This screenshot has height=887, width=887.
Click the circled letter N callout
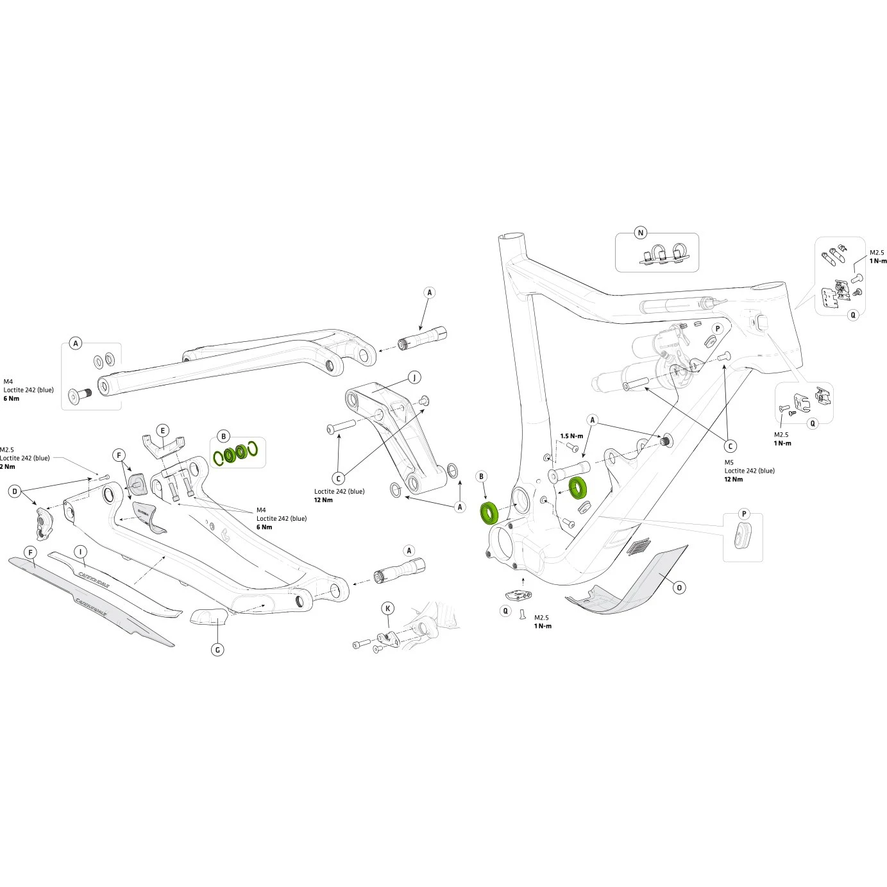pyautogui.click(x=641, y=233)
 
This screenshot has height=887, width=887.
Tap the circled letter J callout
pyautogui.click(x=414, y=376)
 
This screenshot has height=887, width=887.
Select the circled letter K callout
pyautogui.click(x=387, y=607)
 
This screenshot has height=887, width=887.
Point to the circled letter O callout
pyautogui.click(x=679, y=587)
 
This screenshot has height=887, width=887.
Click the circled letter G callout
pyautogui.click(x=217, y=650)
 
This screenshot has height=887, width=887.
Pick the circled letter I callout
pyautogui.click(x=80, y=552)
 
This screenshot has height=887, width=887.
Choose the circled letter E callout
pyautogui.click(x=163, y=430)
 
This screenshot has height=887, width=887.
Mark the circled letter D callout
pyautogui.click(x=15, y=492)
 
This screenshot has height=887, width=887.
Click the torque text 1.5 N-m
pyautogui.click(x=571, y=436)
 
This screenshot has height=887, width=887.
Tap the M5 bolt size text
pyautogui.click(x=729, y=462)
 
